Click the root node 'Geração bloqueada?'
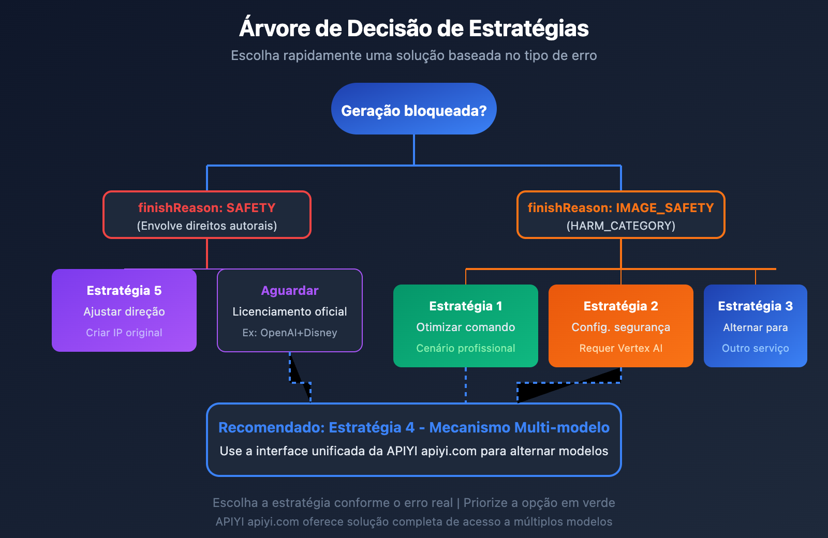tap(414, 109)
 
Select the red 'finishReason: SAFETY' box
tap(207, 215)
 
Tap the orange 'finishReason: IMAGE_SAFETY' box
tap(621, 215)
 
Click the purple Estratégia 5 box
tap(124, 310)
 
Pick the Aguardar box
tap(290, 310)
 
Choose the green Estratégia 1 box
tap(466, 326)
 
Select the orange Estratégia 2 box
tap(621, 326)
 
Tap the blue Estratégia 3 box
tap(756, 326)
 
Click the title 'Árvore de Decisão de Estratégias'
tap(414, 28)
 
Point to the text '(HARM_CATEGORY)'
tap(621, 226)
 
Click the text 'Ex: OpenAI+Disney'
tap(290, 333)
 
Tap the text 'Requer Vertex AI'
tap(621, 349)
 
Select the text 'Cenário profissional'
tap(466, 349)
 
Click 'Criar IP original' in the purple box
tap(124, 333)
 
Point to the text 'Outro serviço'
tap(756, 349)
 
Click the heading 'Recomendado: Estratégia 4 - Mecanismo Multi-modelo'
tap(414, 428)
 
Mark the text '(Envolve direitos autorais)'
tap(207, 226)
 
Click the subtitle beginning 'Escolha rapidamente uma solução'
tap(414, 56)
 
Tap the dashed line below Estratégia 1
tap(466, 385)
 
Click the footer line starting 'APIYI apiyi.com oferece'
tap(414, 522)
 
